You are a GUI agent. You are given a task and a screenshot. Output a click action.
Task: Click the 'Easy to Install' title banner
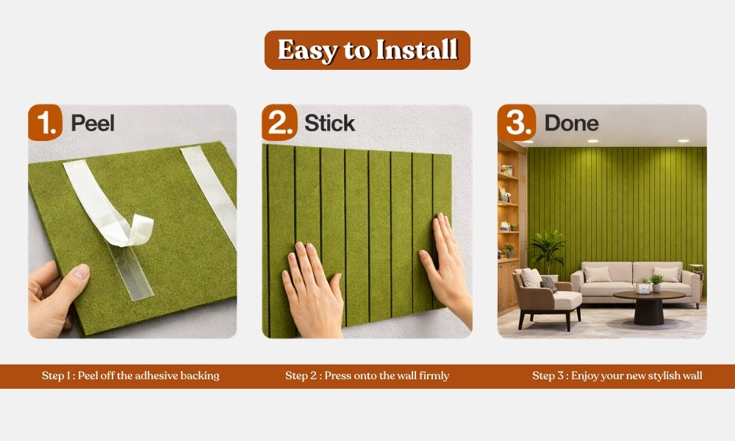pos(367,50)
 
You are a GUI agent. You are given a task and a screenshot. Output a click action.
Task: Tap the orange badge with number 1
pos(46,122)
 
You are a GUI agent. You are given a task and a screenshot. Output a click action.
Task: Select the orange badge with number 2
pos(279,122)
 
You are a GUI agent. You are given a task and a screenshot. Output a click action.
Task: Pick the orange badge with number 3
pos(517,122)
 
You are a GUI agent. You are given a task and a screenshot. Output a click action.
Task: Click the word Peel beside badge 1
pos(93,123)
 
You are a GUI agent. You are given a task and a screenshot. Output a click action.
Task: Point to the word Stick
pos(329,123)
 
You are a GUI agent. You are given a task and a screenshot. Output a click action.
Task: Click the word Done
pos(571,123)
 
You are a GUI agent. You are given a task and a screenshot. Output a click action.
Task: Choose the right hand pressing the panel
pos(445,267)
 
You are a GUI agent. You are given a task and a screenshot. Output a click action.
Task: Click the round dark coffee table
pos(649,306)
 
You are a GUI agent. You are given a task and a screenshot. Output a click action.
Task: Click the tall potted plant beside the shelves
pos(547,251)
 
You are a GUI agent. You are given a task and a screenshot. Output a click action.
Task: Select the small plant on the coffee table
pos(656,282)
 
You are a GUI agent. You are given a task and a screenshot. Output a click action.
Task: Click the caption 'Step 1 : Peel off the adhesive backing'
pos(130,376)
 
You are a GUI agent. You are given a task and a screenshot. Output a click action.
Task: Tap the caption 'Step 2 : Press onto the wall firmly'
pos(367,376)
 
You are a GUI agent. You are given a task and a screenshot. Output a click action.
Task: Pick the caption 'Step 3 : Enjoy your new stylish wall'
pos(617,376)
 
